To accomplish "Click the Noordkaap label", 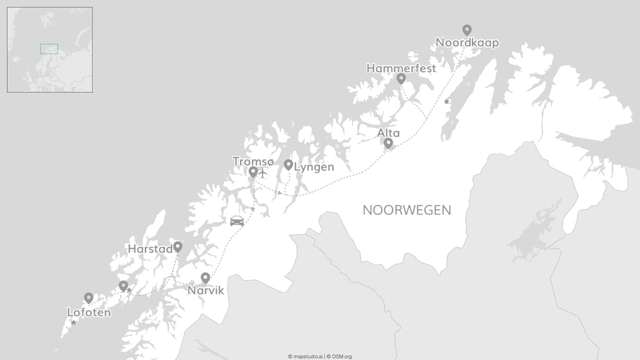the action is point(467,43).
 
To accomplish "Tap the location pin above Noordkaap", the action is point(467,30).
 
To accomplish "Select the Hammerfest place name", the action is point(401,68).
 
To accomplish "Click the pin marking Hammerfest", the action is point(401,78).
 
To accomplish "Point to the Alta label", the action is point(388,133).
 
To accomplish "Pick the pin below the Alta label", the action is point(388,143).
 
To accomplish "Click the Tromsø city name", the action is point(253,161).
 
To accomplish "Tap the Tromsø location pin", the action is point(253,172).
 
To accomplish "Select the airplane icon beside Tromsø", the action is point(263,173).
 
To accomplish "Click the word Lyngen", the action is point(314,167).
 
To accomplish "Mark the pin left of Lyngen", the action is point(288,164).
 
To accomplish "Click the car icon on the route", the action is point(237,220).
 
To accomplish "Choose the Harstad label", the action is point(150,248).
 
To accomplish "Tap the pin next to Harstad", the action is point(177,246).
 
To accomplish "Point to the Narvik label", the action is point(205,290).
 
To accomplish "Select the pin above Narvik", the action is point(205,278).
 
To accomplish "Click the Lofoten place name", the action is point(88,312).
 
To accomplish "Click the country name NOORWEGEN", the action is point(406,210).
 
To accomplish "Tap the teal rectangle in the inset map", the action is point(49,49).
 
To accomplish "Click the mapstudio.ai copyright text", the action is point(305,356).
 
